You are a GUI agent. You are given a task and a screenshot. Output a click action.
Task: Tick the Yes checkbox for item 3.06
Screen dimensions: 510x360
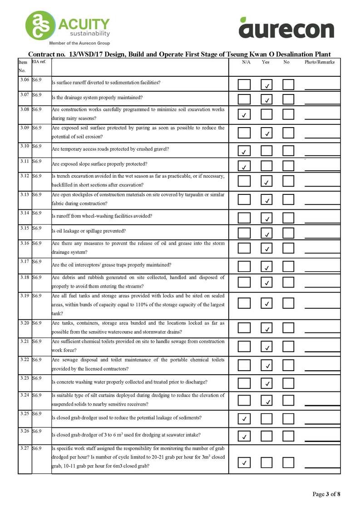pos(267,84)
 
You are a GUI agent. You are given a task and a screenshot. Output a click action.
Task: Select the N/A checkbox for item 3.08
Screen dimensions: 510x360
pos(244,114)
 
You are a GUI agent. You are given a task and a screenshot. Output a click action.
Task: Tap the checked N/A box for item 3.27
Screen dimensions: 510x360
pos(244,462)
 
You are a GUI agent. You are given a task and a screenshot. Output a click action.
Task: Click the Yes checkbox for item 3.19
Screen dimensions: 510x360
pos(267,302)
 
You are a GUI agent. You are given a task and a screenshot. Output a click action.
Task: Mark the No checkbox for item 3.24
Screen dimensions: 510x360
pos(288,400)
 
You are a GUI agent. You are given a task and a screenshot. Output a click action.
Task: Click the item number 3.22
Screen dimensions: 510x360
pos(25,359)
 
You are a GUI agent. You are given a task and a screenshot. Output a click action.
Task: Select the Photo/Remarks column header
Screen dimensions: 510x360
pos(320,62)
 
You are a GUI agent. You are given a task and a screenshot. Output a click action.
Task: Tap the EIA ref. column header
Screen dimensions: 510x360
pos(39,61)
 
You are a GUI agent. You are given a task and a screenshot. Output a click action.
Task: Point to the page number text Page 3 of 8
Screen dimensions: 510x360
pos(326,494)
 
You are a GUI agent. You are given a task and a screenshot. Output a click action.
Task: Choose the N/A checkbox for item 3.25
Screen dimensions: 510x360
pos(244,418)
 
